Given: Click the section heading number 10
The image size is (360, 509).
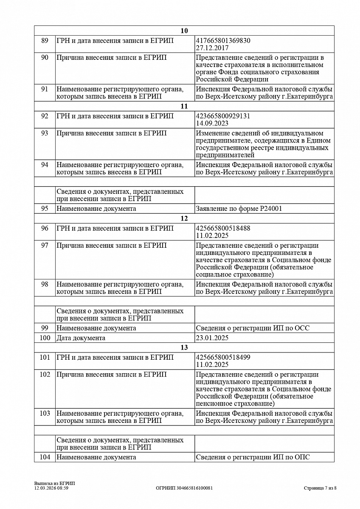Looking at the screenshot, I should (184, 31).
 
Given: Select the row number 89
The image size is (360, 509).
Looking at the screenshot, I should (45, 41).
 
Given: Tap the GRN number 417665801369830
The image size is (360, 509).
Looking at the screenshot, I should (223, 41).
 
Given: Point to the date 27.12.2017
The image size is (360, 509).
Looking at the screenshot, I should (212, 48).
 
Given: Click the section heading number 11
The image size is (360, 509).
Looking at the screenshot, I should (184, 106).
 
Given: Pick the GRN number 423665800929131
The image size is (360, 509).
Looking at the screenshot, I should (223, 116).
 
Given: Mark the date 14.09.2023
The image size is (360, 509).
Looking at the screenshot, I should (212, 123).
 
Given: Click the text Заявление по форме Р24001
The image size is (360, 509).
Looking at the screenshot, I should (239, 209).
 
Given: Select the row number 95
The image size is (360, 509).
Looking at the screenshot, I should (45, 209).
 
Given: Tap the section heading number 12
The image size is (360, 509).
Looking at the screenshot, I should (184, 218).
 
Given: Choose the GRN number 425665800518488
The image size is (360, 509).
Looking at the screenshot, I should (223, 228).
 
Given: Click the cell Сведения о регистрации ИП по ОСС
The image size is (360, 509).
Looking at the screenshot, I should (253, 328).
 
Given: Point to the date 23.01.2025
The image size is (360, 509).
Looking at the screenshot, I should (212, 338).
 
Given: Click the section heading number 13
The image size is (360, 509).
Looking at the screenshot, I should (184, 348).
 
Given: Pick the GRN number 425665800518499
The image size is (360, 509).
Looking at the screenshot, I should (223, 357).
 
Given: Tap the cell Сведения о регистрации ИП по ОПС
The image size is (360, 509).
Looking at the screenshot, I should (253, 457).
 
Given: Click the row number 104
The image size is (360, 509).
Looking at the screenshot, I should (45, 457).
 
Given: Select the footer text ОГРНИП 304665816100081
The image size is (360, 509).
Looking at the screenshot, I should (184, 488).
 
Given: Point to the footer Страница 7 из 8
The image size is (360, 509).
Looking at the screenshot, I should (320, 488).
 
